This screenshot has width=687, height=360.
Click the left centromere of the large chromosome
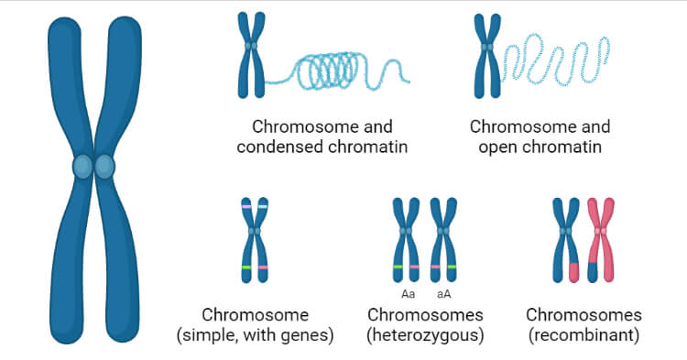pos(83,167)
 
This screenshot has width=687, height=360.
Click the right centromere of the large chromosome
pos(104,167)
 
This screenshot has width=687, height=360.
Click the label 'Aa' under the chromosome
pos(409,294)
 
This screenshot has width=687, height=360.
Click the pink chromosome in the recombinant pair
pos(601,240)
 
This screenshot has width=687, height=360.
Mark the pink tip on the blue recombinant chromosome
pos(574,271)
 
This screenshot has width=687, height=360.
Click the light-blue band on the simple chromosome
pos(263,207)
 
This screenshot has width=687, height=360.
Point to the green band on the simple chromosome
pos(245,267)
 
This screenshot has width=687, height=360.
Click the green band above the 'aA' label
pos(451,267)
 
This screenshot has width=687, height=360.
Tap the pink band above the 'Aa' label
pos(415,267)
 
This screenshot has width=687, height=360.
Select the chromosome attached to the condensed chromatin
pos(249,55)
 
